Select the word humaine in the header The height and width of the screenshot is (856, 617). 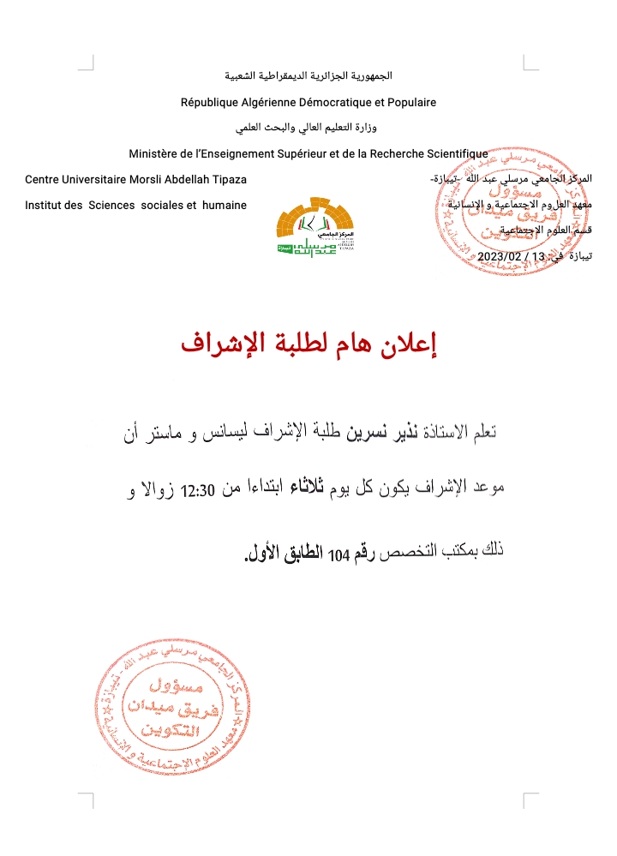(224, 205)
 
